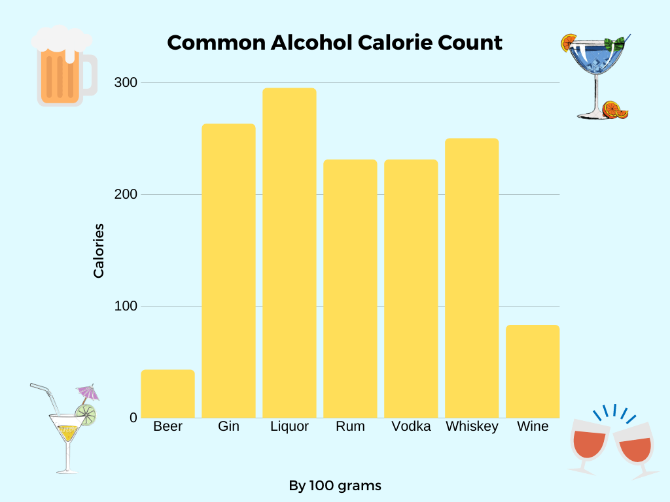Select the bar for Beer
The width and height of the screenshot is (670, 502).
pyautogui.click(x=167, y=393)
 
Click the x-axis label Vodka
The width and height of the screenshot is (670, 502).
pyautogui.click(x=411, y=427)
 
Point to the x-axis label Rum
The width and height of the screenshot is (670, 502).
pyautogui.click(x=350, y=427)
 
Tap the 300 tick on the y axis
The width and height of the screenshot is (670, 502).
pyautogui.click(x=127, y=83)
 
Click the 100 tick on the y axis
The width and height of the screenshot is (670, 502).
pyautogui.click(x=127, y=306)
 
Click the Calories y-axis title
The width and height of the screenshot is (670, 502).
pyautogui.click(x=99, y=251)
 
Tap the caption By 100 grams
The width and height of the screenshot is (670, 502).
pyautogui.click(x=335, y=486)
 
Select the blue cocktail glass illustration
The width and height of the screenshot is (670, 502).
pyautogui.click(x=596, y=75)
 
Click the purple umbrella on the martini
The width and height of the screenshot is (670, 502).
pyautogui.click(x=88, y=393)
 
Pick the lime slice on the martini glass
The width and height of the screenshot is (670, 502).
pyautogui.click(x=86, y=414)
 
